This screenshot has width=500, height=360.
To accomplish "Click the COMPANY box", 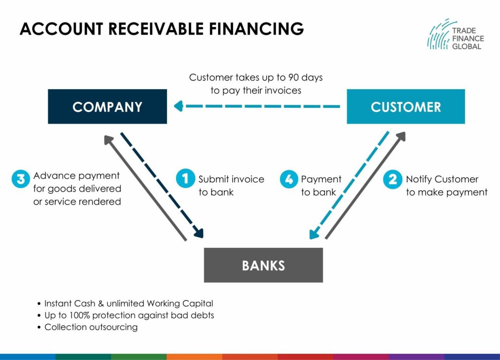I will point(107,107).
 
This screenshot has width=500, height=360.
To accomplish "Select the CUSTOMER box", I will point(406,107).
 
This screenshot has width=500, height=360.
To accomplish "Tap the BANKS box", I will point(263,265).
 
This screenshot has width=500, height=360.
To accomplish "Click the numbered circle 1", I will point(185,179).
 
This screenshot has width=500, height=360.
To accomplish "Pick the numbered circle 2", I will point(392,179).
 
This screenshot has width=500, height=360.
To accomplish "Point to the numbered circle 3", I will point(20,179).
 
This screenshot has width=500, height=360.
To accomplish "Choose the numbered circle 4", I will point(289,179).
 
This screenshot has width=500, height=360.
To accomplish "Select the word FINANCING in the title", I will point(257,29).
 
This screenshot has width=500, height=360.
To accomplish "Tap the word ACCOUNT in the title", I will point(61,29).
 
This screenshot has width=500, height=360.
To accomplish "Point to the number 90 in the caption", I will point(293,77).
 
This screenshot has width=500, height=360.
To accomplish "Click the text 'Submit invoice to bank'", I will point(231,185).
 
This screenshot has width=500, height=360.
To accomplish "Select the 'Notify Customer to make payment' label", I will point(446,185).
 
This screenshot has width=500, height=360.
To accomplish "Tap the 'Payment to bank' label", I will point(321,185).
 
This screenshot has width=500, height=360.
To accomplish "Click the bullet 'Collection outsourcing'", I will point(91,327).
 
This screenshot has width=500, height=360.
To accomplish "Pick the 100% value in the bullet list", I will point(80,315).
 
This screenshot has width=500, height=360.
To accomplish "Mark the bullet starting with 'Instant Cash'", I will point(128,303).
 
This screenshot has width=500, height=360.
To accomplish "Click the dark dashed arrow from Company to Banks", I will point(162,185).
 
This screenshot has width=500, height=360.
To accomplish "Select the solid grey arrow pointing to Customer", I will point(365,185).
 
